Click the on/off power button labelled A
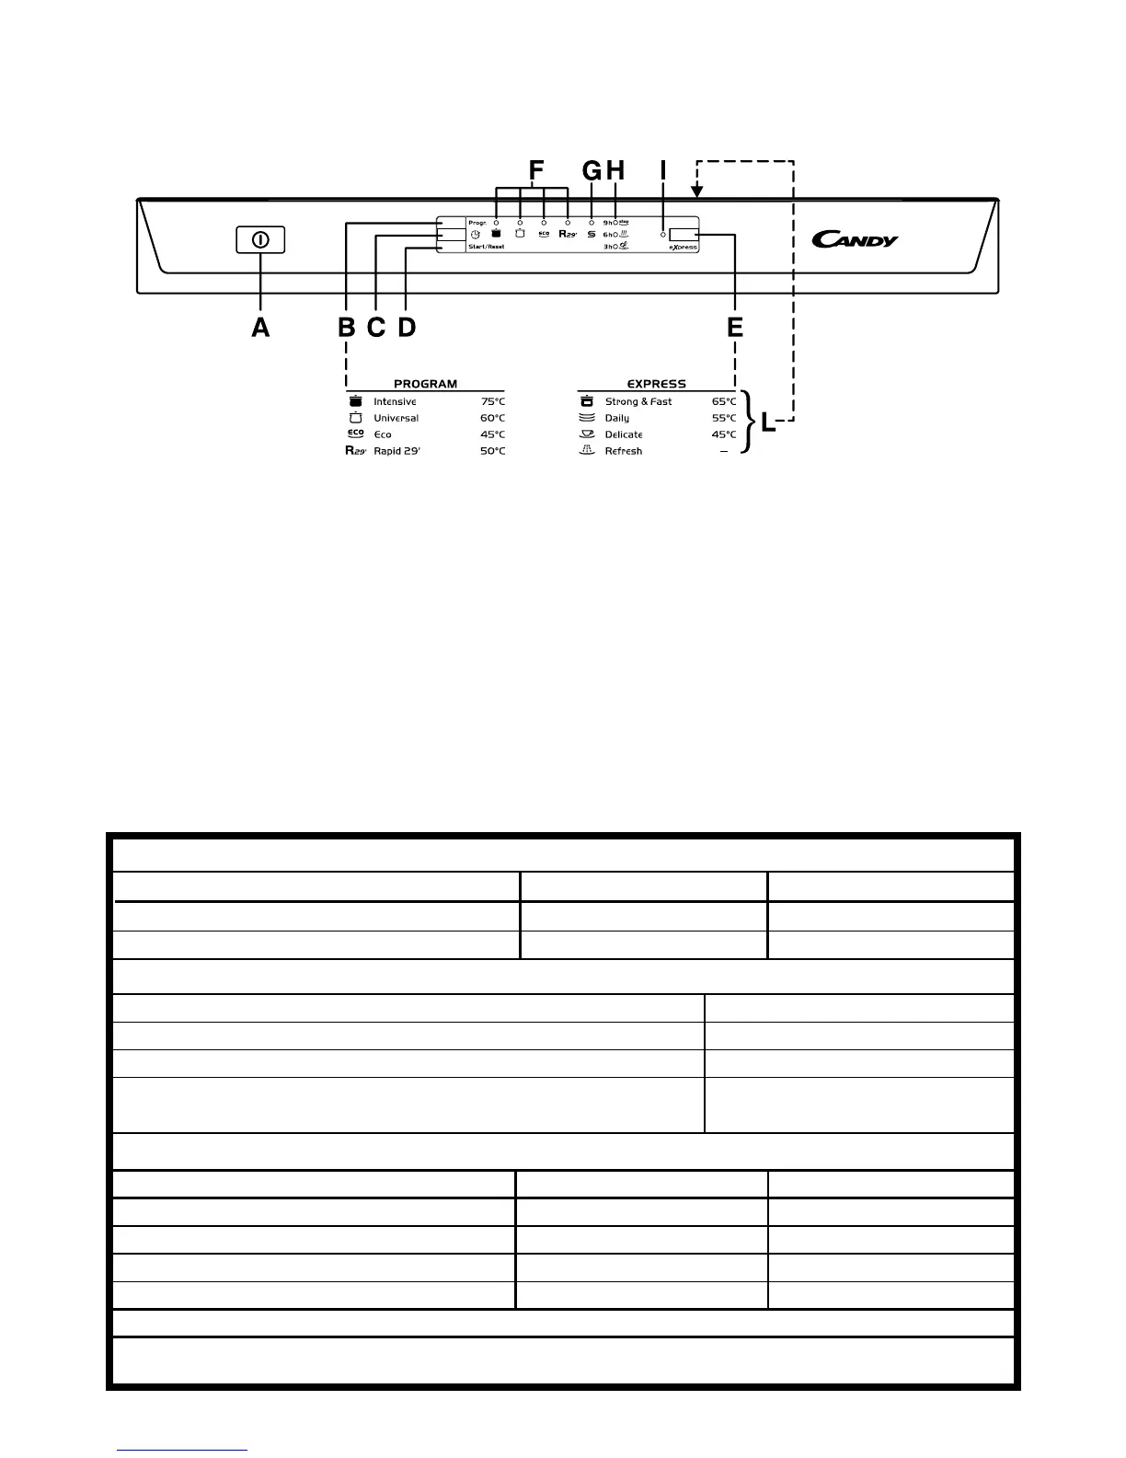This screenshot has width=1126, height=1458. pyautogui.click(x=260, y=240)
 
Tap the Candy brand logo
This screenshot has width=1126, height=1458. pyautogui.click(x=855, y=240)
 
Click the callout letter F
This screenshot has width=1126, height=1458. pyautogui.click(x=536, y=170)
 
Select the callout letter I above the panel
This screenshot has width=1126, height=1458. pyautogui.click(x=662, y=170)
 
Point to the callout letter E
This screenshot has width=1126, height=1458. pyautogui.click(x=735, y=327)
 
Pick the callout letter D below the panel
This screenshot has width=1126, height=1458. pyautogui.click(x=407, y=327)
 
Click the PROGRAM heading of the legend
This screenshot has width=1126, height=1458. pyautogui.click(x=425, y=384)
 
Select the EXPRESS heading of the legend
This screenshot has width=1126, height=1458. pyautogui.click(x=656, y=384)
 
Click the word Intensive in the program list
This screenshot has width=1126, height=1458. pyautogui.click(x=395, y=402)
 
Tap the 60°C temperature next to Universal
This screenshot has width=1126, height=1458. pyautogui.click(x=492, y=419)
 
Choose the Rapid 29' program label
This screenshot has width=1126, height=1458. pyautogui.click(x=396, y=452)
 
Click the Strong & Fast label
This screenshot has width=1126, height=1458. pyautogui.click(x=638, y=402)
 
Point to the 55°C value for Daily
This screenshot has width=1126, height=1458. pyautogui.click(x=724, y=419)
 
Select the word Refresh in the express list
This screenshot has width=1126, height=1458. pyautogui.click(x=623, y=452)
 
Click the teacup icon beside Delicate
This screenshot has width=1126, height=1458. pyautogui.click(x=587, y=434)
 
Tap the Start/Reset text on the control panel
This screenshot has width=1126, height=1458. pyautogui.click(x=486, y=248)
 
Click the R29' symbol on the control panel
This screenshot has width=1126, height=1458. pyautogui.click(x=568, y=234)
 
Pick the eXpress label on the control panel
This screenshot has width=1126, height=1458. pyautogui.click(x=683, y=248)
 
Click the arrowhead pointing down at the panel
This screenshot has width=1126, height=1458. pyautogui.click(x=697, y=191)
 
